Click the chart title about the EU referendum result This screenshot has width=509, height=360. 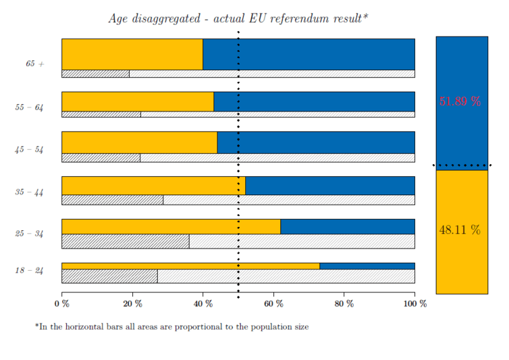[238, 18]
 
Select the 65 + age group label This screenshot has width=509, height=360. [35, 63]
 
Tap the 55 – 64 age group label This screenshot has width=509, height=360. [29, 107]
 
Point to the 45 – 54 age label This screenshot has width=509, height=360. [29, 150]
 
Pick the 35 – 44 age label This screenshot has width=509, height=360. [29, 192]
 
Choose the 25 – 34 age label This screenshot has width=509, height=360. [29, 234]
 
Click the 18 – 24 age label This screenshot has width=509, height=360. [29, 270]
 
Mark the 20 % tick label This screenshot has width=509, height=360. [132, 304]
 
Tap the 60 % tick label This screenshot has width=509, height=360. [273, 304]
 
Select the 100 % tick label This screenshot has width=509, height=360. [414, 304]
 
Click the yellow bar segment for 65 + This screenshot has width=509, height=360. [132, 54]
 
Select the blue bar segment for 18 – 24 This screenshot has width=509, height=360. [367, 265]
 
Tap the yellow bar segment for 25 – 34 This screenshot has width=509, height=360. [171, 226]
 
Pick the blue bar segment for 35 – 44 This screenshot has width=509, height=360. [329, 186]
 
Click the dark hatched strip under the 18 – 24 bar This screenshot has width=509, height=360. [109, 276]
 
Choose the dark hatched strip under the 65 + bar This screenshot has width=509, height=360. [95, 74]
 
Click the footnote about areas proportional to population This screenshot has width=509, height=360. [171, 327]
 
